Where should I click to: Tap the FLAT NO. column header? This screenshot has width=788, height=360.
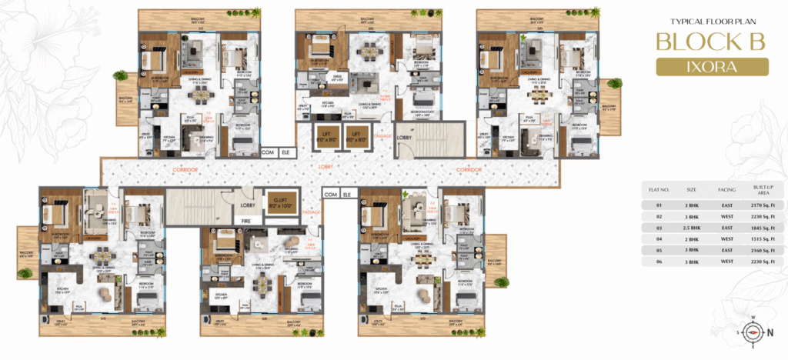[659, 188]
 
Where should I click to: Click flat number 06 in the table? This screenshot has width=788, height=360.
[658, 262]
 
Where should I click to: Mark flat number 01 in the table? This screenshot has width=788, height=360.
[658, 205]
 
